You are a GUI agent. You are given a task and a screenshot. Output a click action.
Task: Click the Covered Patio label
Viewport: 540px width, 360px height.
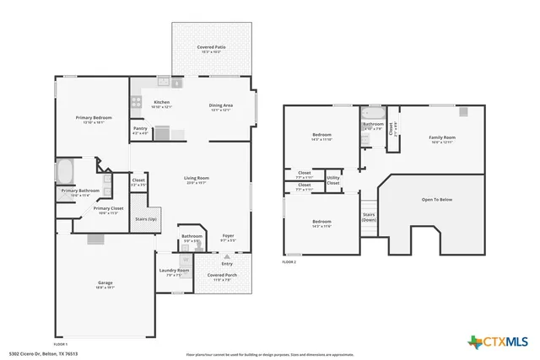pos(211,49)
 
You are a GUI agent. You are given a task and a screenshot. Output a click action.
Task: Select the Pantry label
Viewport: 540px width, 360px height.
pos(140,131)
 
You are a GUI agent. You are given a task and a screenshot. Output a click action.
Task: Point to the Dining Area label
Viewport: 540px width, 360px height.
pos(221,106)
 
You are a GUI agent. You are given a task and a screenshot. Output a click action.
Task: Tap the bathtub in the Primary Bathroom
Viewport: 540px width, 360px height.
pos(65,172)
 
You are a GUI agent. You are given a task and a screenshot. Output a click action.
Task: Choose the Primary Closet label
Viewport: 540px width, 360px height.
pos(108,210)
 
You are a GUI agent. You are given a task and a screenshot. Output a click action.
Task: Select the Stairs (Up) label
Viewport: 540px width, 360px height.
pos(145,218)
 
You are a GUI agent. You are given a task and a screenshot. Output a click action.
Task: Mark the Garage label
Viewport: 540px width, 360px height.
pos(105,284)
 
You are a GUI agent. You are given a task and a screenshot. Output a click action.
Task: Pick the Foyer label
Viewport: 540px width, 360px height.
pos(228,237)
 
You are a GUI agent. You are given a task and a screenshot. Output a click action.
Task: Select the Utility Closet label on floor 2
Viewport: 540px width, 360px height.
pos(333,180)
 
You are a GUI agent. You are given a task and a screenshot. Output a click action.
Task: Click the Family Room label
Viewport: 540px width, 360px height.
pos(441,138)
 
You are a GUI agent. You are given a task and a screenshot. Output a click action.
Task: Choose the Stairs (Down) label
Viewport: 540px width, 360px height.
pos(369,217)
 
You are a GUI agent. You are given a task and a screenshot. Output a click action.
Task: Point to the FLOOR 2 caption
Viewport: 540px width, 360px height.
pos(289,263)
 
